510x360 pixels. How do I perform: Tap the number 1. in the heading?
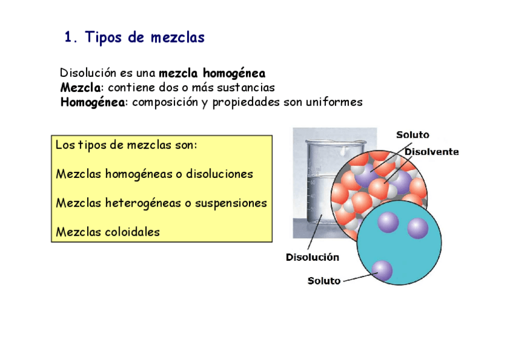72,38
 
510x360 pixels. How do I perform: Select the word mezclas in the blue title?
177,38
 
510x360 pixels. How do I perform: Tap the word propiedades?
247,102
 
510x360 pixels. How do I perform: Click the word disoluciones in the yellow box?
220,174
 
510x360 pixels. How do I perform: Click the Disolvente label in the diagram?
431,152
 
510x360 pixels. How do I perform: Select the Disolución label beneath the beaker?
312,257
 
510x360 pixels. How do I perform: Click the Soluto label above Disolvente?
413,135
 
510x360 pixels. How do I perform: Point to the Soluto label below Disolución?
324,281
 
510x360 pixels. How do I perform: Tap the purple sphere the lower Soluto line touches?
381,271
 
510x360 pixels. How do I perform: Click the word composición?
165,102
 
